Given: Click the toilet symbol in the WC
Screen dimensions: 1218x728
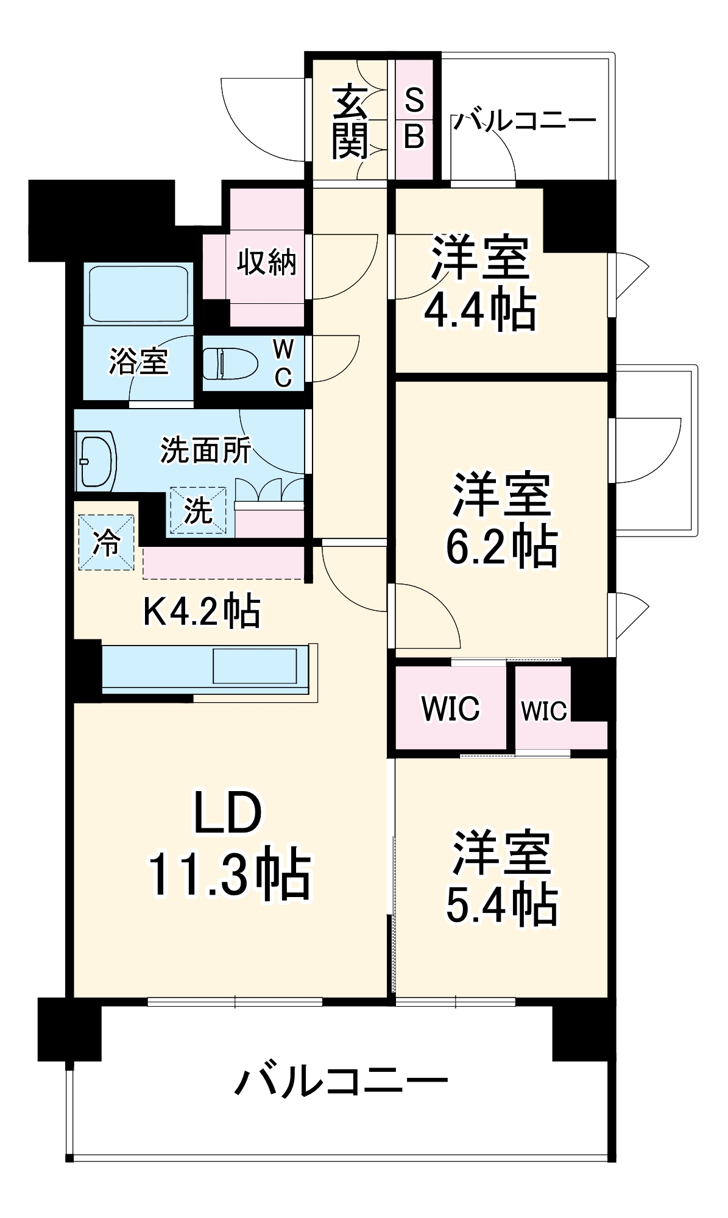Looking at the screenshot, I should point(228,363).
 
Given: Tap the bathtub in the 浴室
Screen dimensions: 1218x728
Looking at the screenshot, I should point(138,294).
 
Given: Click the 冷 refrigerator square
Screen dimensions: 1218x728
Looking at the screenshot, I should point(106,542).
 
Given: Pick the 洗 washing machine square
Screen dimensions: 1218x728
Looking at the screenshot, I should point(198,510).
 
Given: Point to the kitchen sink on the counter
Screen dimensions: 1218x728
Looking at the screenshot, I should point(254,666).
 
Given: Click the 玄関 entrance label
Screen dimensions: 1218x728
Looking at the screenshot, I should point(350,122).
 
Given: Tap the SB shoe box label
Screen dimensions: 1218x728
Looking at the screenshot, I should point(414,118).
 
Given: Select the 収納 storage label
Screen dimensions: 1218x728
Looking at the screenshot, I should point(266,262).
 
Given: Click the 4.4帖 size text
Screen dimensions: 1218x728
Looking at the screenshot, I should point(480,311).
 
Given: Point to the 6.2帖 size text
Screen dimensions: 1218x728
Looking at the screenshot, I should point(501,546).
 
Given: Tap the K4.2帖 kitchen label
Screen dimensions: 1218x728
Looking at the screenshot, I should point(202,611).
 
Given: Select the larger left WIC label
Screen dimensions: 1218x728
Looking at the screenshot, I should point(450,708).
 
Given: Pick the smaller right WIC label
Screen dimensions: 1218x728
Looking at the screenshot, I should point(543,711).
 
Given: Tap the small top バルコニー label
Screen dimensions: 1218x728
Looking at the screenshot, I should point(524,121).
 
